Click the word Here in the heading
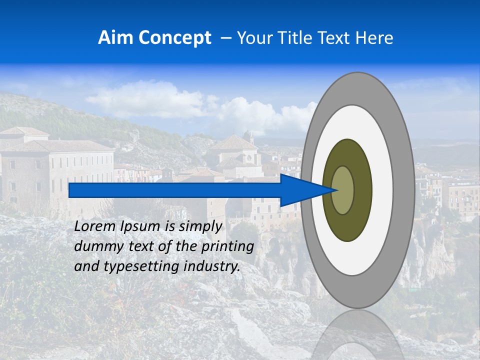[x=374, y=38]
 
